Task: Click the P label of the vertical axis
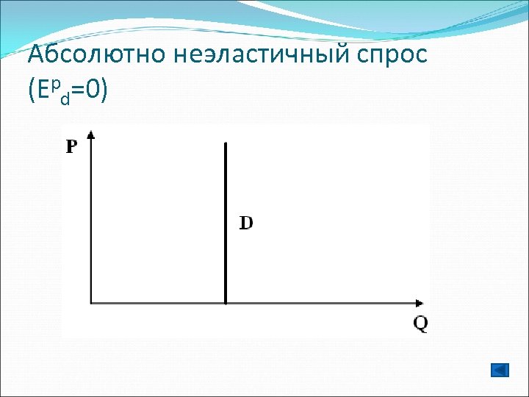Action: (71, 146)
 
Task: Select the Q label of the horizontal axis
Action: (420, 323)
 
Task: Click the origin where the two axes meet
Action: (91, 302)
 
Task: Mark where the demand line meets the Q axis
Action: (225, 302)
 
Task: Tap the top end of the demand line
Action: (225, 145)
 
